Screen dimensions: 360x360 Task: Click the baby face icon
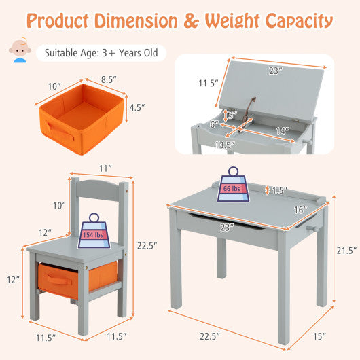coord(19,52)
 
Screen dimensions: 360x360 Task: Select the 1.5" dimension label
coord(279,190)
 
